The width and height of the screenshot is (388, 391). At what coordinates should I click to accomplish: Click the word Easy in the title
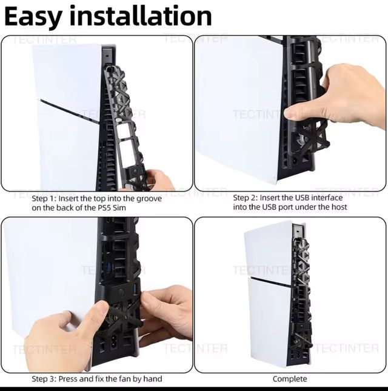[33, 17]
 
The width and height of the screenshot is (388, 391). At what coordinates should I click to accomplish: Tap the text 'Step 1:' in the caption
[44, 198]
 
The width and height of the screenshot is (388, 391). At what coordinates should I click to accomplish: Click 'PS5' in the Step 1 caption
[102, 208]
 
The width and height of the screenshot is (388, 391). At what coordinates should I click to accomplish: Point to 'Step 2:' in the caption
[246, 198]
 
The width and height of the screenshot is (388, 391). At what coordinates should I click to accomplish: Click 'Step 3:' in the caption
[44, 379]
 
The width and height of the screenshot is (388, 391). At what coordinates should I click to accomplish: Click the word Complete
[290, 379]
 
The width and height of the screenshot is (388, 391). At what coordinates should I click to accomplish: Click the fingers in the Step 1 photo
[157, 179]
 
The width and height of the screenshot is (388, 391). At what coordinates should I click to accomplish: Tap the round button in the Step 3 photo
[121, 293]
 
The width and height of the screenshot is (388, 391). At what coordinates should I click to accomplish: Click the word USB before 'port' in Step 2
[269, 207]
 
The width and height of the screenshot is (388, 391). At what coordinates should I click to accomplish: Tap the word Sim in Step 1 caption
[119, 208]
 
